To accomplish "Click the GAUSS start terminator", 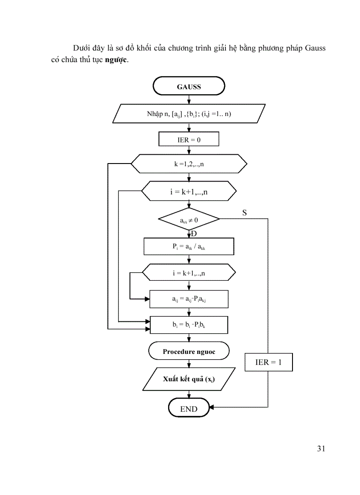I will coord(189,86).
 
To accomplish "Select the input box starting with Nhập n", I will coord(189,114).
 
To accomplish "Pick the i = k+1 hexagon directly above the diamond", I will coord(189,192).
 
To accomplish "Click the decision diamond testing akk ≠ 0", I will coord(189,219).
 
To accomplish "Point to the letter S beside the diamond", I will coord(244,213).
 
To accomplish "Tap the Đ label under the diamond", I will coord(194,234).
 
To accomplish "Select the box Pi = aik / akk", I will coord(189,247).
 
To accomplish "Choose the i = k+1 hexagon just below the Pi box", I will coord(189,273).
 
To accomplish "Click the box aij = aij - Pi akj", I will coord(189,299).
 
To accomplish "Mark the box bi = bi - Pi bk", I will coord(189,325).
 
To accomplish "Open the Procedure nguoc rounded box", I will coord(189,351).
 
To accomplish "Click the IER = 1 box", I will coord(268,362).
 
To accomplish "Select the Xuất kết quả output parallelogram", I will coord(189,380).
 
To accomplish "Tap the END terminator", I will coord(188,409).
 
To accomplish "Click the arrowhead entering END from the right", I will coord(212,407).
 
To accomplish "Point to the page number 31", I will coord(321,449).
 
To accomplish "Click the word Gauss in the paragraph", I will coord(315,48).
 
